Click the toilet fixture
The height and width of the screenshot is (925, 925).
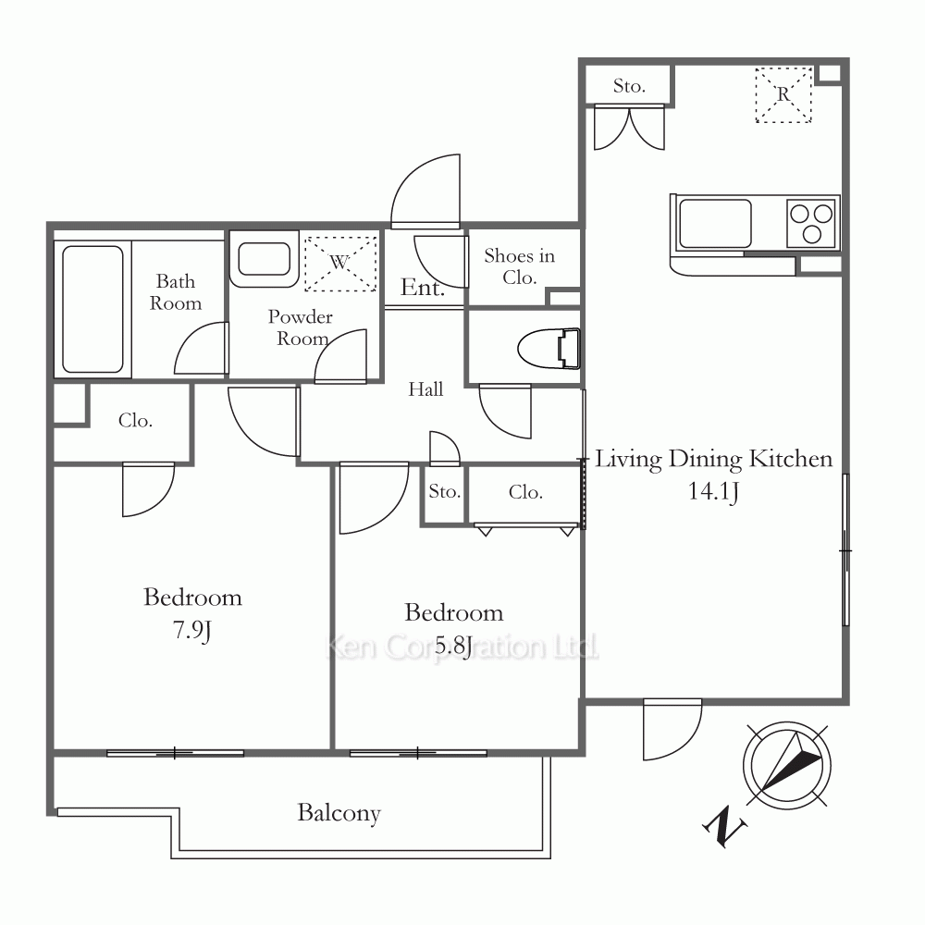(x=549, y=349)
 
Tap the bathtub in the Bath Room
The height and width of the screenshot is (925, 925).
(x=92, y=310)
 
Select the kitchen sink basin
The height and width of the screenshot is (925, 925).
(x=716, y=224)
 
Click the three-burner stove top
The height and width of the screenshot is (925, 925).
(x=812, y=222)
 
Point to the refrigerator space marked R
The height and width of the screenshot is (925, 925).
(x=783, y=95)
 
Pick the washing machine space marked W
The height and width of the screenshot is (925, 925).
(x=340, y=263)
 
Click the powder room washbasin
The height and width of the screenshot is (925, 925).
(x=264, y=258)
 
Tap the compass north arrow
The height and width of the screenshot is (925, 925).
(x=791, y=763)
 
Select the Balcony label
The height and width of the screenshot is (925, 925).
(x=339, y=813)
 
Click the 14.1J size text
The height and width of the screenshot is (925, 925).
(x=713, y=491)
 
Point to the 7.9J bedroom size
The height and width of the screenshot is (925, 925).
(x=191, y=631)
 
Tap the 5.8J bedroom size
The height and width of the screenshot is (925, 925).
(x=453, y=646)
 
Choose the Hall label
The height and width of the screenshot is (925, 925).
(x=425, y=389)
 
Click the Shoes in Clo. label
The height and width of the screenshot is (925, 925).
(x=519, y=266)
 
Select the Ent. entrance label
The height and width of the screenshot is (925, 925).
(x=423, y=288)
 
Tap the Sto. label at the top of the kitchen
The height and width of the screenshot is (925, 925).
(x=629, y=87)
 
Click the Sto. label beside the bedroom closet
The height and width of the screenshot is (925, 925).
(x=445, y=491)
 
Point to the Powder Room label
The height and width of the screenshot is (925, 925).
(x=301, y=327)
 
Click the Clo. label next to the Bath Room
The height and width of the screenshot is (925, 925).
(x=135, y=421)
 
